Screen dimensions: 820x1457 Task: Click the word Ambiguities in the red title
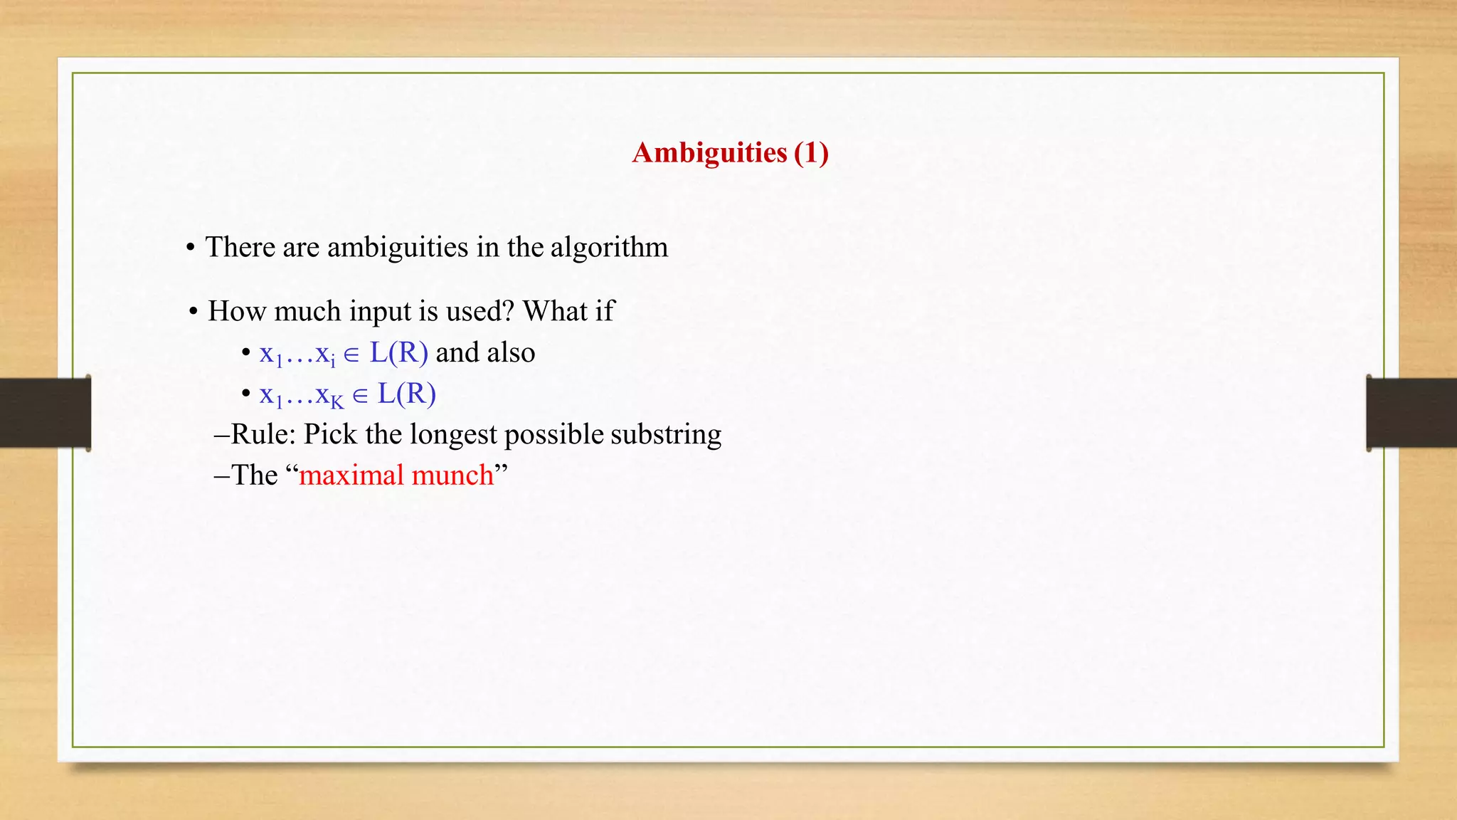pyautogui.click(x=709, y=153)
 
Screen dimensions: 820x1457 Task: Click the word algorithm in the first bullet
pyautogui.click(x=609, y=247)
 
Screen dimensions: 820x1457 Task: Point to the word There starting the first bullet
pyautogui.click(x=240, y=247)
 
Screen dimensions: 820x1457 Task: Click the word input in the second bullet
pyautogui.click(x=380, y=311)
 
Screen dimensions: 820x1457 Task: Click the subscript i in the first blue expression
pyautogui.click(x=333, y=362)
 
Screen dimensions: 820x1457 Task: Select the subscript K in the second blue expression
pyautogui.click(x=337, y=403)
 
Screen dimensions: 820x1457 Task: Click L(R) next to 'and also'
pyautogui.click(x=398, y=352)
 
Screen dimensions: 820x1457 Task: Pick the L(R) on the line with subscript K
pyautogui.click(x=406, y=394)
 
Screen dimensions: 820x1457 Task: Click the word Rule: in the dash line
pyautogui.click(x=263, y=434)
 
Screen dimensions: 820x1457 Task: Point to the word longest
pyautogui.click(x=453, y=434)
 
